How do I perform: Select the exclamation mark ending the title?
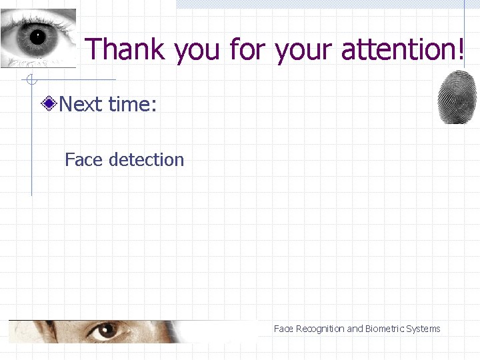click(461, 49)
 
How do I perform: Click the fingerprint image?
click(457, 97)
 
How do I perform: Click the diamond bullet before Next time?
click(49, 104)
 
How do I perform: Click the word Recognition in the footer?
click(319, 329)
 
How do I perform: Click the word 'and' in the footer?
click(355, 329)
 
